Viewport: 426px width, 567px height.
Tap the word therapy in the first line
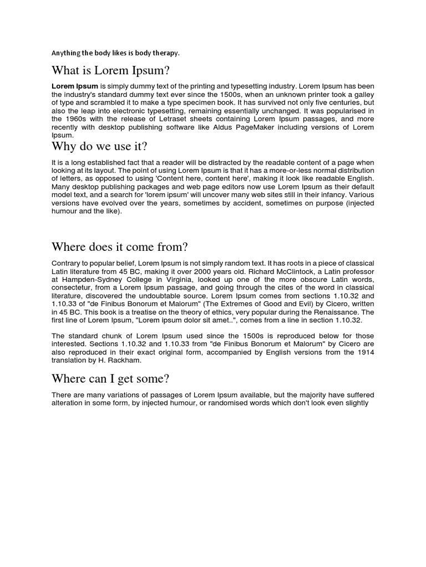166,53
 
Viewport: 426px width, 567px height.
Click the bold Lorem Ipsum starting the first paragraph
75,87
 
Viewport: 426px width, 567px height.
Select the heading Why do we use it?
99,147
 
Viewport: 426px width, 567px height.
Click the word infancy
337,195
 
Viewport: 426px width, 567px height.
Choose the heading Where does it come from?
120,246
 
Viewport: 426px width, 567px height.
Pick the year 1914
364,352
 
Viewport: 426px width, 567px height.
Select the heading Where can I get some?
111,379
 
